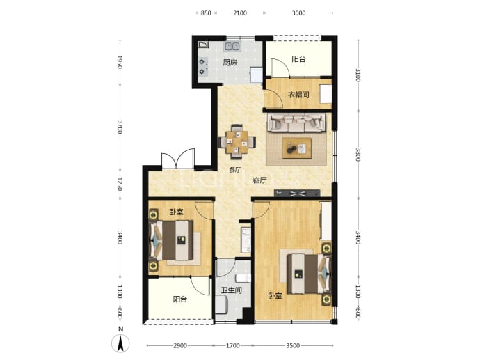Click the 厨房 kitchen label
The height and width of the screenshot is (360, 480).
(230, 63)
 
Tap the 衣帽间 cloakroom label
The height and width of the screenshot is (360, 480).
(298, 95)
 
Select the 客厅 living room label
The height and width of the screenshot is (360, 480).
(259, 180)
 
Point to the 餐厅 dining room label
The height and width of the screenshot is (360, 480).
(235, 170)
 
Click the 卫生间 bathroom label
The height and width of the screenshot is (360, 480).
(232, 290)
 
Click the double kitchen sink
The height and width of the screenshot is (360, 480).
(232, 46)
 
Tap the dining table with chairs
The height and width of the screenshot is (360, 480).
(237, 142)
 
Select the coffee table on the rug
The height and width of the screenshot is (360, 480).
(296, 148)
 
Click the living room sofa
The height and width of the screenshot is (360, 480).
(296, 123)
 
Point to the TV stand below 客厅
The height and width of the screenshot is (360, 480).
(297, 193)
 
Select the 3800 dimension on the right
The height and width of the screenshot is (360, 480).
(358, 155)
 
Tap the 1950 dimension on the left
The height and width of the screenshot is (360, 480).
(120, 62)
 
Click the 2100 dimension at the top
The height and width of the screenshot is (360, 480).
(240, 13)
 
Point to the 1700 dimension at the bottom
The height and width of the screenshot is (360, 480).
(232, 346)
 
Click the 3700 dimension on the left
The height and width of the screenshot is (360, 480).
(120, 127)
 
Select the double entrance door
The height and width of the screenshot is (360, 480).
(178, 159)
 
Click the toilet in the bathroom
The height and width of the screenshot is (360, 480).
(243, 279)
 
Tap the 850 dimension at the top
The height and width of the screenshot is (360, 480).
(206, 13)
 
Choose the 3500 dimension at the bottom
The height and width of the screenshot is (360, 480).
(293, 346)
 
